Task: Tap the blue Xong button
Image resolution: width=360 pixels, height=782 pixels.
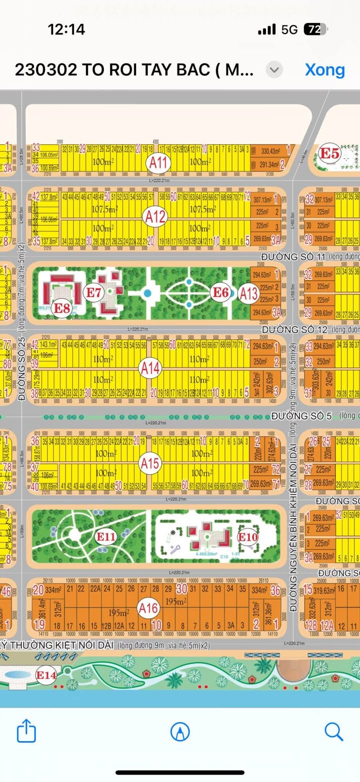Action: click(325, 70)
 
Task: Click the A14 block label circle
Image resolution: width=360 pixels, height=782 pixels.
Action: click(150, 369)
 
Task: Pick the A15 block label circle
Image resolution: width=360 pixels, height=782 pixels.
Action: click(149, 463)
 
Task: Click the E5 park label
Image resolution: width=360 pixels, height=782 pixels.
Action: click(330, 153)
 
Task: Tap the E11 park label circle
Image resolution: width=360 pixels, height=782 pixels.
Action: click(106, 537)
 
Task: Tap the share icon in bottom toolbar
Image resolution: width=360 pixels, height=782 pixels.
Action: click(26, 732)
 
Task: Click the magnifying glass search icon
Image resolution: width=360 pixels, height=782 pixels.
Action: click(333, 732)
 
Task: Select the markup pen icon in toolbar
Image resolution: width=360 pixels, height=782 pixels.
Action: click(180, 732)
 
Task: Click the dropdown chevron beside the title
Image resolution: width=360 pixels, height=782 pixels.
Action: click(274, 70)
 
